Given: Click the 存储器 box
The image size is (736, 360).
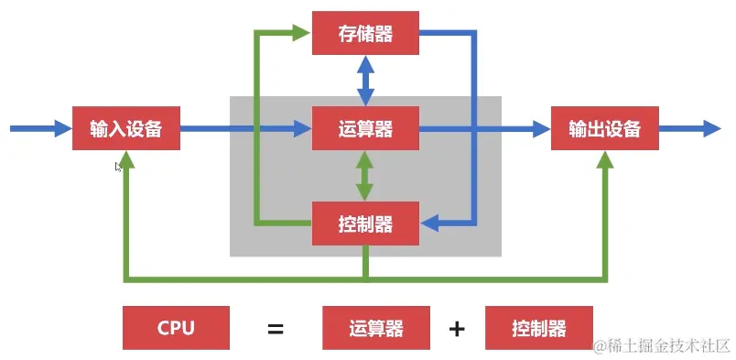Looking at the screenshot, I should click(x=365, y=33).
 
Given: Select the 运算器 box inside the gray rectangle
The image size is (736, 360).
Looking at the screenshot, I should click(x=365, y=129).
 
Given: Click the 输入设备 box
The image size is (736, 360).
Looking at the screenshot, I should click(x=126, y=129).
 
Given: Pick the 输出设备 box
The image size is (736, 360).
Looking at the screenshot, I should click(x=605, y=129).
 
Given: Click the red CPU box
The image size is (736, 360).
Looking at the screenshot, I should click(x=176, y=328).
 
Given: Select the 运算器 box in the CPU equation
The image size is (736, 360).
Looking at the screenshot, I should click(x=376, y=328).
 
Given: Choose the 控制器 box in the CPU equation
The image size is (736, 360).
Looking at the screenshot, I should click(x=539, y=328).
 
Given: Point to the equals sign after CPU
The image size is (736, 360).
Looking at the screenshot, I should click(x=275, y=328).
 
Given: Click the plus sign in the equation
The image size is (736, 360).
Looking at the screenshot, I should click(x=457, y=328).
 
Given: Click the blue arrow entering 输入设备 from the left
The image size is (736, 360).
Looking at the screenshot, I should click(x=40, y=129).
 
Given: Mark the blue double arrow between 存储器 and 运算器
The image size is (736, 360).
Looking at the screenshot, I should click(x=365, y=81).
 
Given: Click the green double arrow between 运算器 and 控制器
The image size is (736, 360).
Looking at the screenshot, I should click(x=365, y=177).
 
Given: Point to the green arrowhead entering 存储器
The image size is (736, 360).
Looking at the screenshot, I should click(x=301, y=33).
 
